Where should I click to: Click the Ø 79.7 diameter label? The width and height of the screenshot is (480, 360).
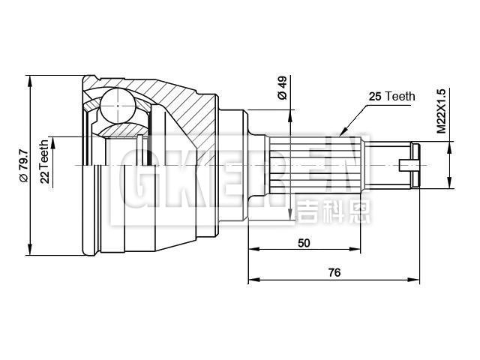23,164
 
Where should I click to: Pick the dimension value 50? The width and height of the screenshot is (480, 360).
304,243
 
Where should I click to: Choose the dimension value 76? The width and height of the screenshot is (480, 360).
334,273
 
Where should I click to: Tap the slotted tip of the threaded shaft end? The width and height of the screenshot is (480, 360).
409,164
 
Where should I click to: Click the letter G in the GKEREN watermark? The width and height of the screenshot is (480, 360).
128,180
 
